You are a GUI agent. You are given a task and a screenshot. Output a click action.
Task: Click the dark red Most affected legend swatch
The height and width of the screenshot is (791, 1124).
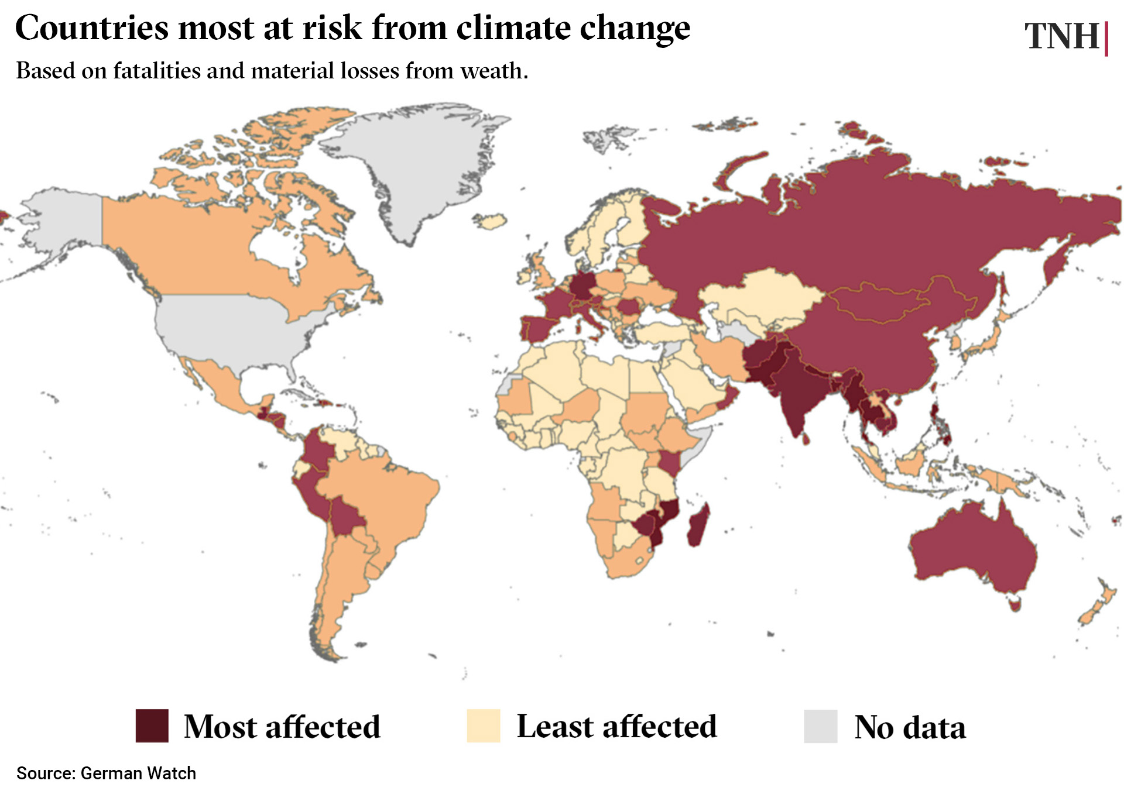coord(152,725)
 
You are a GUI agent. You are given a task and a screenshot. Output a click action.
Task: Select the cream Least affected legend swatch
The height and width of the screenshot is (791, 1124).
coord(483,725)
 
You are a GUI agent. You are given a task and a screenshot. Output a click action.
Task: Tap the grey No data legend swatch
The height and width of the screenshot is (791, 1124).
coord(820,726)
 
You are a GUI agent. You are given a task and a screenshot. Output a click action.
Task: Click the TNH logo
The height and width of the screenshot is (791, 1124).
coord(1062,36)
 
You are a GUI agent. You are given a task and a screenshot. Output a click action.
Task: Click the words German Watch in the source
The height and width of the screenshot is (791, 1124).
coord(138,773)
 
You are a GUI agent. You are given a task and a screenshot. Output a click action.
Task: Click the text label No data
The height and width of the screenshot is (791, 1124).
coord(910,727)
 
